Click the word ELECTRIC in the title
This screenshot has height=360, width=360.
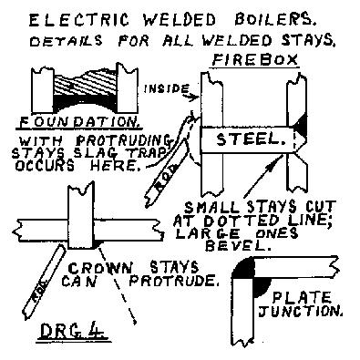tap(79, 20)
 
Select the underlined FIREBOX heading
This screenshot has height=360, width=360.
tap(255, 60)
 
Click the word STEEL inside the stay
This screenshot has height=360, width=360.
tap(252, 139)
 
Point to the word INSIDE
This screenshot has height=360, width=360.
tap(166, 88)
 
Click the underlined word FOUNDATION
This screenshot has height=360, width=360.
tap(78, 122)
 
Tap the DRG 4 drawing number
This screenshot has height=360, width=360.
tap(73, 331)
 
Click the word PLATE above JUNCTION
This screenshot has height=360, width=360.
tap(302, 297)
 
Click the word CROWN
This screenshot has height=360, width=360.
tap(100, 268)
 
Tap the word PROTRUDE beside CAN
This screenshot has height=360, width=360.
tap(174, 281)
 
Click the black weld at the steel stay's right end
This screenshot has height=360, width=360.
tap(301, 126)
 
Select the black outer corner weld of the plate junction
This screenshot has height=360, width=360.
tap(242, 267)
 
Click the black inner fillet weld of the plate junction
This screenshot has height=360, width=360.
tap(261, 287)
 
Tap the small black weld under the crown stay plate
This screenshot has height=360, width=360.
tap(97, 243)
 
